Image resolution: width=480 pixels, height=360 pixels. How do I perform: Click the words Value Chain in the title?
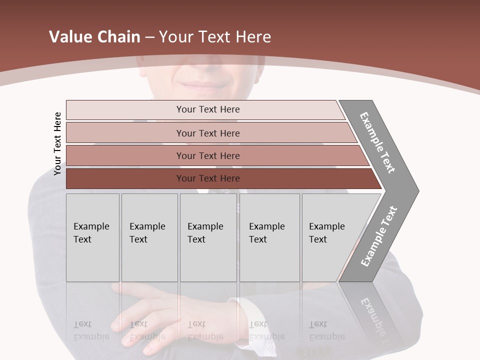(x=94, y=37)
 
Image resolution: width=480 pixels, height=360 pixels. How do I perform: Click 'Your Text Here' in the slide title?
(x=215, y=37)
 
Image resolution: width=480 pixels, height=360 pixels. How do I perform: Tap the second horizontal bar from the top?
(x=208, y=133)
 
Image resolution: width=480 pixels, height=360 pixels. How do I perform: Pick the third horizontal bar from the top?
(x=208, y=155)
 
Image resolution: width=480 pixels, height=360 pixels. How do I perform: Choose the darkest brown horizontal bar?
(x=208, y=178)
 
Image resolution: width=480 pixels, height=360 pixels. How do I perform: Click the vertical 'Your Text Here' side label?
(x=58, y=143)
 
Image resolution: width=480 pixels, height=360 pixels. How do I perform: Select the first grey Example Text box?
(x=92, y=237)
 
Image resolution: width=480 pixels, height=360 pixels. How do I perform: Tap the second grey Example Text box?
(x=149, y=237)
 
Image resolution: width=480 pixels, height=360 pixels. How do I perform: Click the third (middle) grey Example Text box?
(x=208, y=237)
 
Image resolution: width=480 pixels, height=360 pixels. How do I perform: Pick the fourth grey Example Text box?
(x=269, y=237)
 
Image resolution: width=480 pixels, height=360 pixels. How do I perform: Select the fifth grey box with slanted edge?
(x=330, y=237)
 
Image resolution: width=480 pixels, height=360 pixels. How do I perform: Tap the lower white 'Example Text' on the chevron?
(x=378, y=236)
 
